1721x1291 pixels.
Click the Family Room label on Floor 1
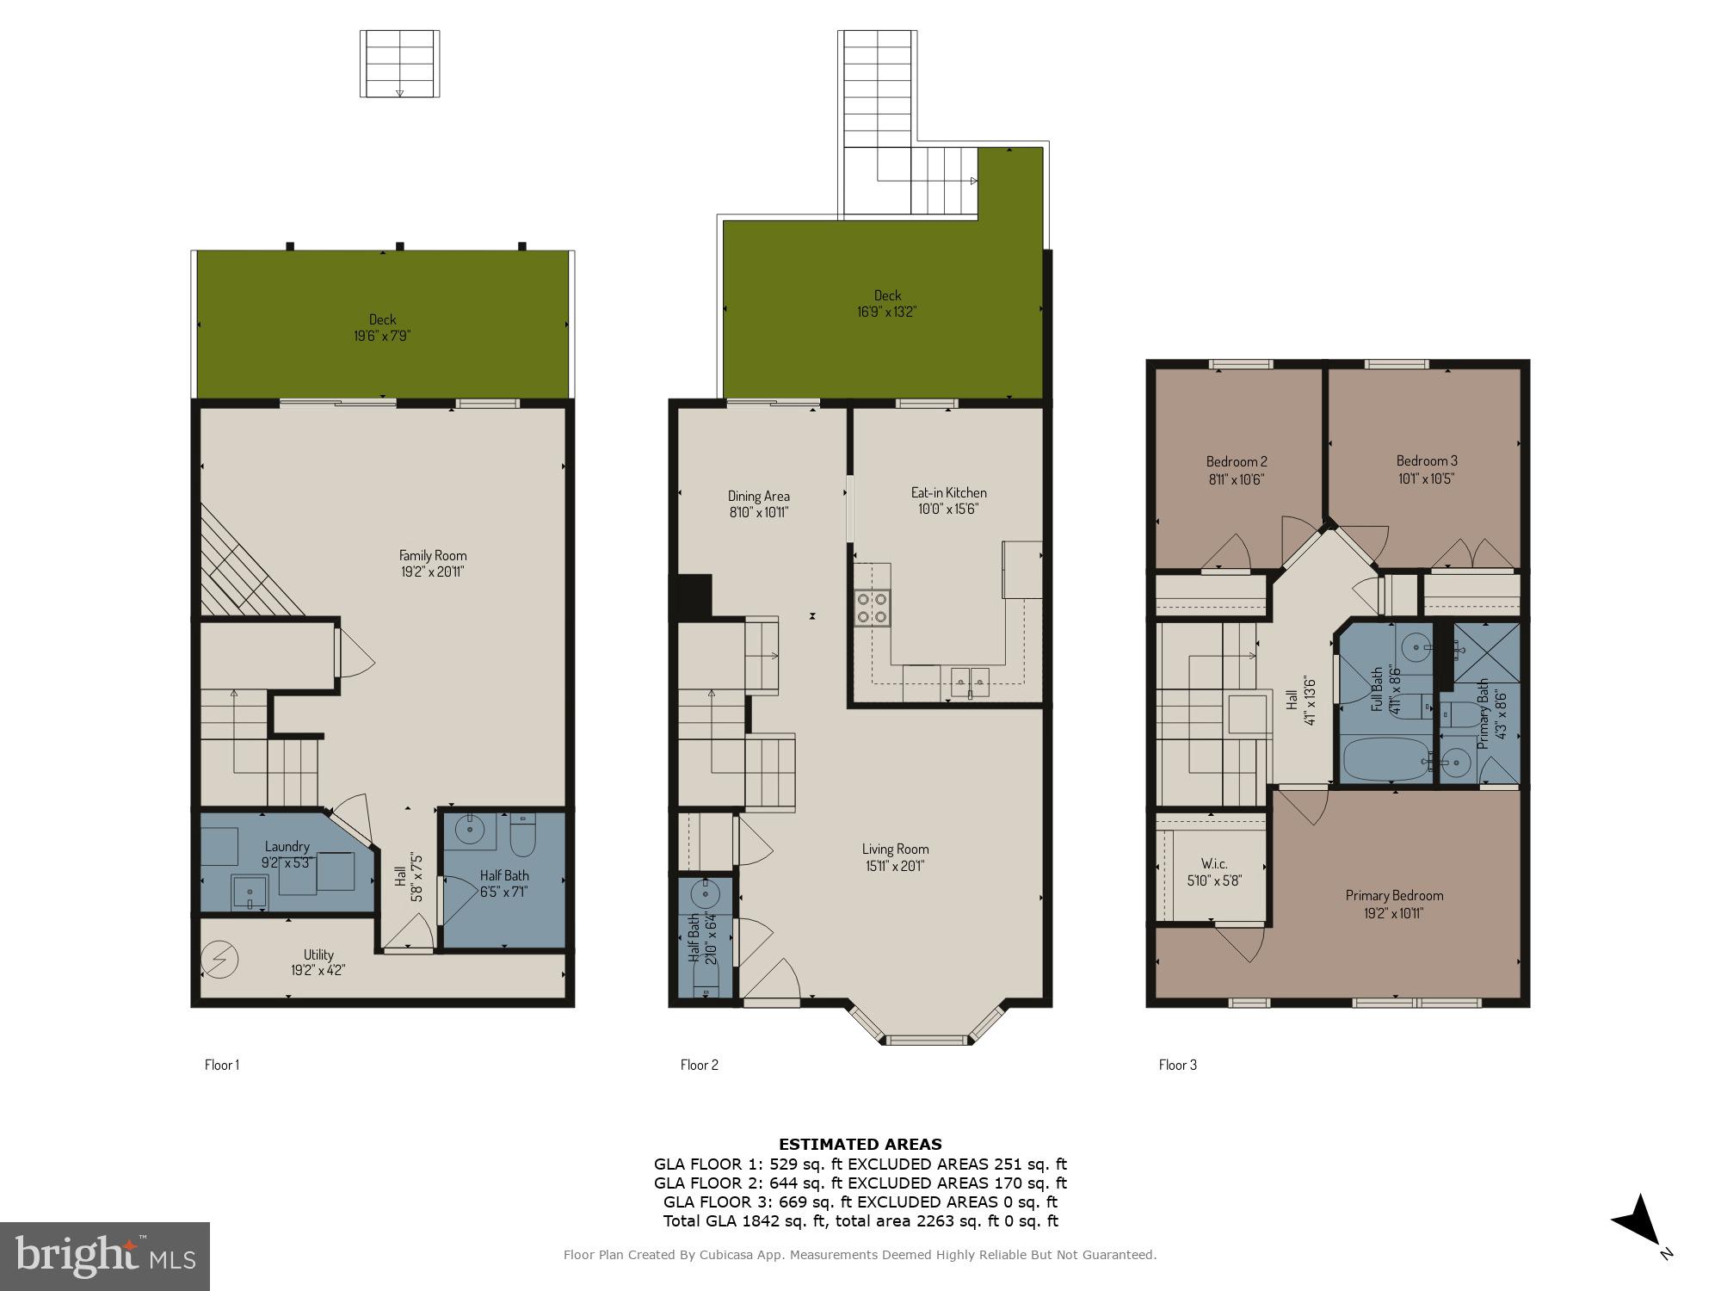coord(433,555)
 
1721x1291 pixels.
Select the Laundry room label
coord(287,847)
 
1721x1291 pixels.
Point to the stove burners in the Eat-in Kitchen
coord(873,607)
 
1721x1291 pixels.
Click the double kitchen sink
coord(970,683)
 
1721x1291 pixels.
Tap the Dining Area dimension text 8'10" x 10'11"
coord(758,513)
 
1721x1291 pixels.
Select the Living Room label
coord(895,849)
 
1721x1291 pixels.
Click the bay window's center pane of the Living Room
coord(928,1040)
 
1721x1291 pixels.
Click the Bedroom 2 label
coord(1236,461)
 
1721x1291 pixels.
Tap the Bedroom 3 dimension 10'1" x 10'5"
coord(1426,479)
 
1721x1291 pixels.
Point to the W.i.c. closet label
coord(1213,864)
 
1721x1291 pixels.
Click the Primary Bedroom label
coord(1394,895)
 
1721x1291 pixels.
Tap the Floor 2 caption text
coord(699,1065)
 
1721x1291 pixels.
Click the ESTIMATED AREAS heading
coord(860,1145)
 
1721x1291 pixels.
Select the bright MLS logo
coord(105,1257)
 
